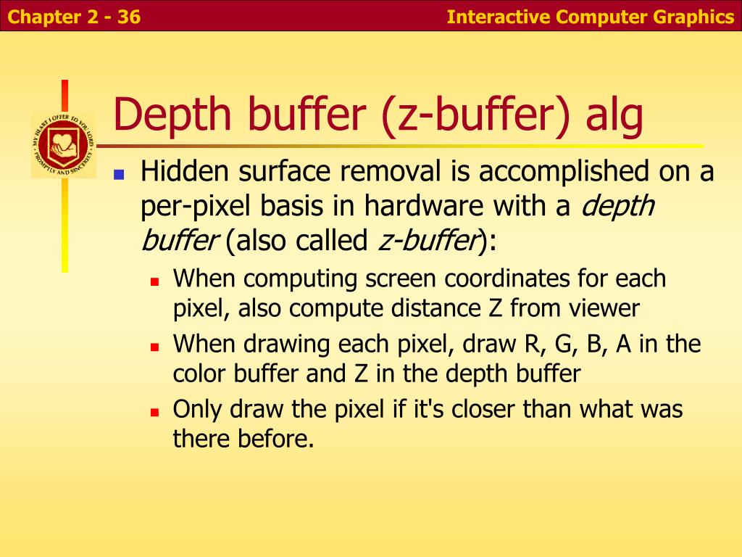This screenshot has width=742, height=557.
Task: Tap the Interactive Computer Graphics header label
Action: tap(590, 16)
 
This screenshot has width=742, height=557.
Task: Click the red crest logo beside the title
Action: tap(63, 144)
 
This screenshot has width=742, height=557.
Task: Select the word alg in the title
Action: tap(615, 117)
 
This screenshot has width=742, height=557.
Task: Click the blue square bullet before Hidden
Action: tap(120, 175)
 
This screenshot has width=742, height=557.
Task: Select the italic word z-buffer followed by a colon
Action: tap(428, 241)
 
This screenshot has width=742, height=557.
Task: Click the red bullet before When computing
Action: tap(154, 281)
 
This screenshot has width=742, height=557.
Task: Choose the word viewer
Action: tap(604, 308)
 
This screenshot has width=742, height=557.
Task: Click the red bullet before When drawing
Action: tap(154, 346)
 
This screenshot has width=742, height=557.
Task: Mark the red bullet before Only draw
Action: tap(154, 411)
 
